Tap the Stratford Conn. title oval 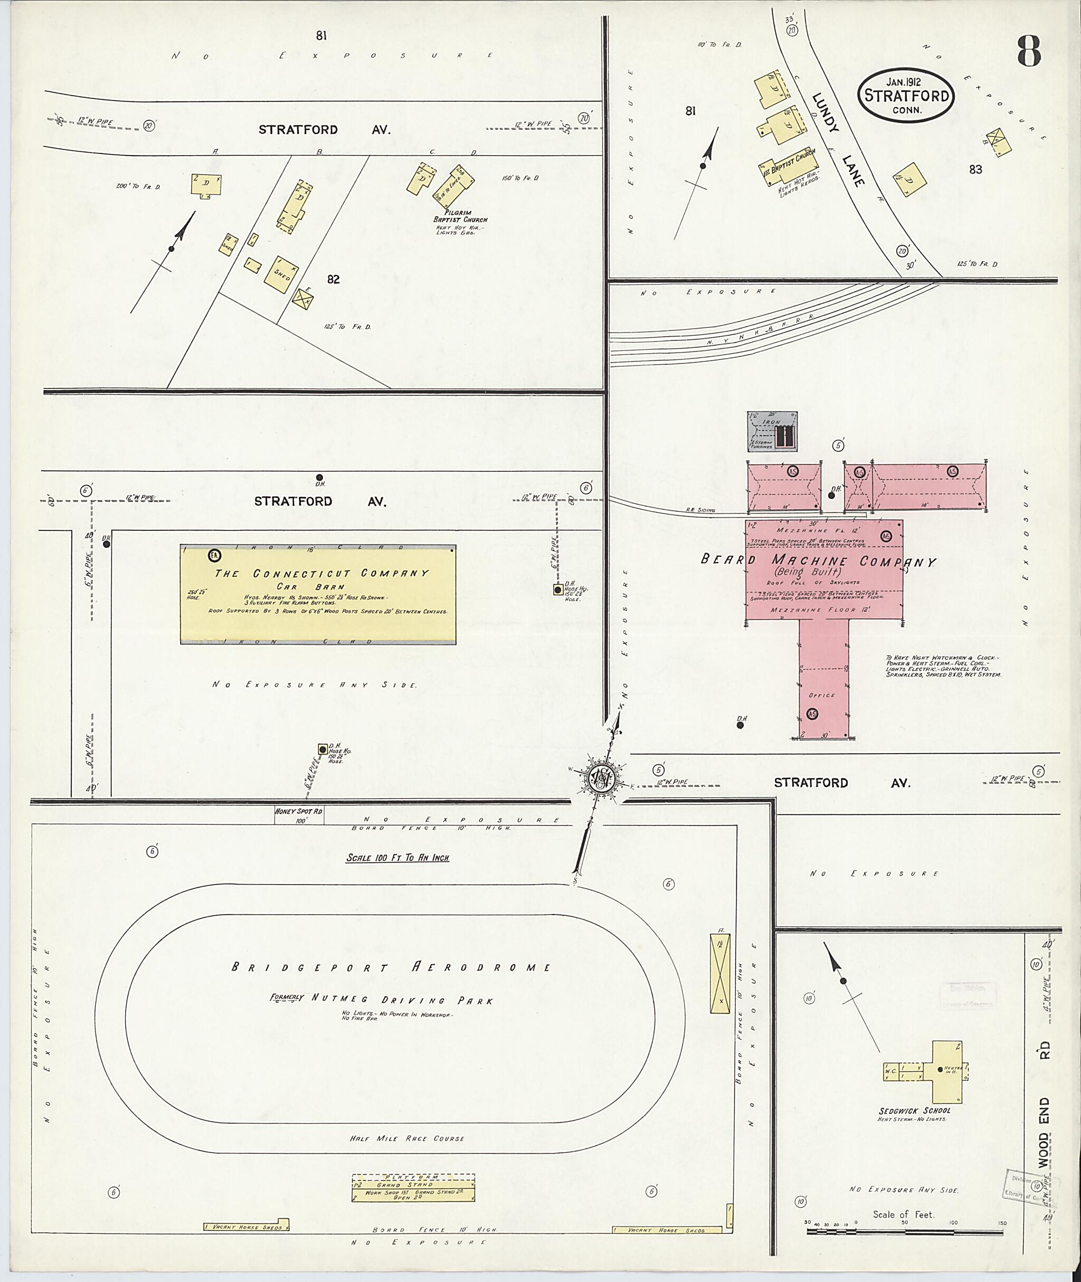[x=906, y=96]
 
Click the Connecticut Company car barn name [x=321, y=574]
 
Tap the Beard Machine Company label [x=818, y=561]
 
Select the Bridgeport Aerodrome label [x=391, y=967]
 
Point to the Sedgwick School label [x=914, y=1110]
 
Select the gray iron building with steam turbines [x=772, y=431]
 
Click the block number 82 [x=334, y=279]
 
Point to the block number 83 [x=975, y=169]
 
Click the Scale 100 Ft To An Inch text [x=397, y=858]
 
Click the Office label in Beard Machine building [x=822, y=695]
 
